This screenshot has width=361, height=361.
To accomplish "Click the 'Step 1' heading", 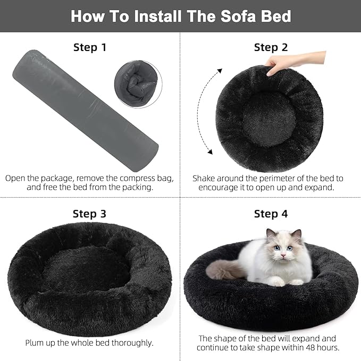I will (x=90, y=47).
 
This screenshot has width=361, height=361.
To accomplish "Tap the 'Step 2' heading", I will (x=271, y=47).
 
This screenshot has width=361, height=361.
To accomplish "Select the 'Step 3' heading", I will (x=90, y=214).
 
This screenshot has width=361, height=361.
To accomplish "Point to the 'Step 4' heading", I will (x=271, y=214).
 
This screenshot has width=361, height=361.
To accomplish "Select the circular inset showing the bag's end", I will (x=138, y=85).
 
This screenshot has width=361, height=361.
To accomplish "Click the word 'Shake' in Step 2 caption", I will (x=205, y=178).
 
